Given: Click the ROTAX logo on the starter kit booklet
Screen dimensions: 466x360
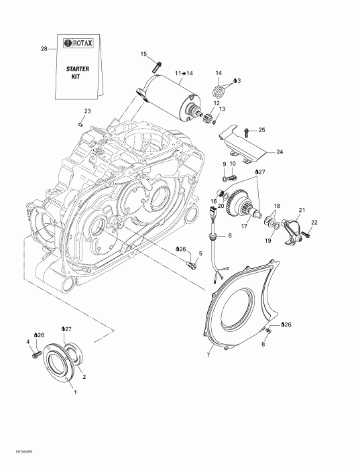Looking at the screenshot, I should tap(78, 43).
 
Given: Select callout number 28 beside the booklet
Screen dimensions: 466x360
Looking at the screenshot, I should tap(44, 49).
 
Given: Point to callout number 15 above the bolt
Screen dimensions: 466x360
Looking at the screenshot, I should tap(143, 54).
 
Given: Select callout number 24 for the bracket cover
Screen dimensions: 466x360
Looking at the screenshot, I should tap(280, 152).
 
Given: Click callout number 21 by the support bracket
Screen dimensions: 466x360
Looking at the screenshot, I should tap(301, 211).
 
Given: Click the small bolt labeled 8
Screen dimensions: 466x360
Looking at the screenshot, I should tap(267, 331).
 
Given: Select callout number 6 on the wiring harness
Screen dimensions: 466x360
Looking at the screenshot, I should tap(230, 236).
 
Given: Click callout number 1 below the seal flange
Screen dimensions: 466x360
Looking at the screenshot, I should tap(75, 392).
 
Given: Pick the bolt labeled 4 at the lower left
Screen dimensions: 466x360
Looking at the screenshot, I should tap(34, 353).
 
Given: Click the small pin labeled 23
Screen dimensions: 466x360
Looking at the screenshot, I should tap(79, 123).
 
